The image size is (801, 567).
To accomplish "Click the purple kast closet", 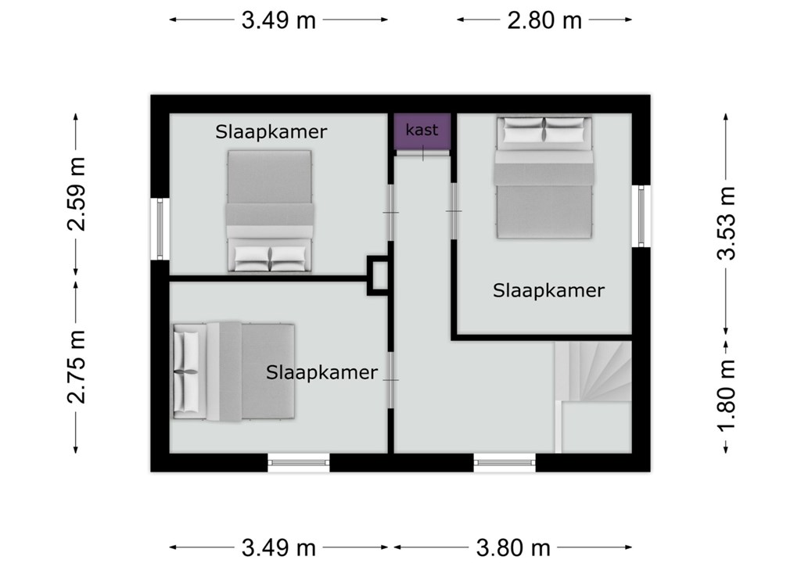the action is click(x=422, y=131).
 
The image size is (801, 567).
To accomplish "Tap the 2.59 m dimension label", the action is click(x=77, y=194).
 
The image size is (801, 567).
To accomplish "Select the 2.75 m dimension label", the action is click(x=77, y=367).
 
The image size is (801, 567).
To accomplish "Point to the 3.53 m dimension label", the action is click(x=726, y=223).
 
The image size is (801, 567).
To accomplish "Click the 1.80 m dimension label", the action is click(x=726, y=396).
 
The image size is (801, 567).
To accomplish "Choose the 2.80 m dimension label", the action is click(x=544, y=20).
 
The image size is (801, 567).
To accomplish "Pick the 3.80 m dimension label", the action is click(x=513, y=548).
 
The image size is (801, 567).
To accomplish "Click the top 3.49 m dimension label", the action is click(x=278, y=20).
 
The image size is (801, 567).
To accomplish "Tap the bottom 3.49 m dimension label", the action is click(x=278, y=548).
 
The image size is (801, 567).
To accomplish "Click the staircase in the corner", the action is click(x=594, y=397).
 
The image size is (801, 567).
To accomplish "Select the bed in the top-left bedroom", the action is click(x=269, y=210).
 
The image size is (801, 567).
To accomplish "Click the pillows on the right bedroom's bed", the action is click(x=543, y=131).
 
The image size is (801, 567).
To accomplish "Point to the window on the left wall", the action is click(x=160, y=229).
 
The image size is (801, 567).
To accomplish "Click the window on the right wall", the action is click(x=641, y=216).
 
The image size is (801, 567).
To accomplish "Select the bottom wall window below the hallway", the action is click(x=505, y=463).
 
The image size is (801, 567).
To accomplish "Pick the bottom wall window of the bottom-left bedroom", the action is click(x=299, y=463).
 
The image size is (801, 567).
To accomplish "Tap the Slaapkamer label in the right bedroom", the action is click(x=548, y=291).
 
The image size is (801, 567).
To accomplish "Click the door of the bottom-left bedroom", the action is click(x=391, y=379).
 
